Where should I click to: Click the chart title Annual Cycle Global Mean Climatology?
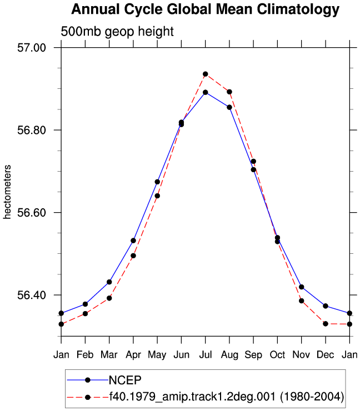click(206, 9)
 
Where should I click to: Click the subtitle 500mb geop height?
click(117, 32)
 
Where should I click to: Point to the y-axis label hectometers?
click(7, 192)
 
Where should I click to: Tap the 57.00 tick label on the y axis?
click(32, 48)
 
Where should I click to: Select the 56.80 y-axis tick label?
click(32, 131)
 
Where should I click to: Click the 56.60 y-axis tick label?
click(32, 213)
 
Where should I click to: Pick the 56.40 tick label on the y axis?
click(32, 295)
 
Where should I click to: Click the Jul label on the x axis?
click(206, 355)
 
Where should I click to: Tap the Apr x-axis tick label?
click(133, 355)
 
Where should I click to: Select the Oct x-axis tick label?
click(277, 355)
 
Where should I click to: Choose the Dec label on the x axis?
click(326, 355)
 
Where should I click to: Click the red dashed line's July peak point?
click(206, 74)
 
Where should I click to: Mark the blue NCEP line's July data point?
click(206, 92)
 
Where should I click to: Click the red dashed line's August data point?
click(229, 92)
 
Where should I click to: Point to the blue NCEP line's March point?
click(109, 282)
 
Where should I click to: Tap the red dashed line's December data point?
click(326, 324)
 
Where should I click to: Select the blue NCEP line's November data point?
click(302, 287)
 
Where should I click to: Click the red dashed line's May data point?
click(157, 196)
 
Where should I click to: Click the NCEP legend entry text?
click(125, 380)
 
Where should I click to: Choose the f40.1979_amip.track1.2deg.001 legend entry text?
click(227, 397)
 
